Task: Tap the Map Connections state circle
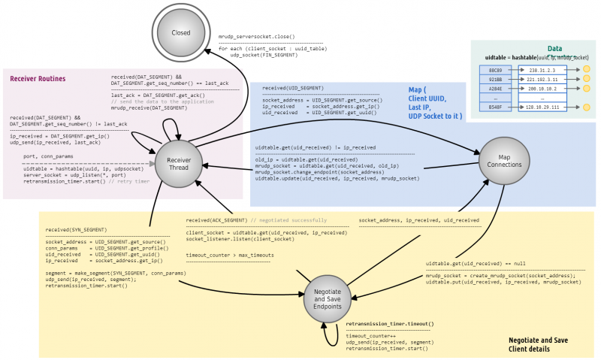click(500, 159)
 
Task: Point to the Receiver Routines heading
click(38, 79)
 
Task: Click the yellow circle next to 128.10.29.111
click(586, 107)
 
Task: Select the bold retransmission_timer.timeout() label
click(390, 323)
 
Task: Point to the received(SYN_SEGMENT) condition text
click(76, 229)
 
